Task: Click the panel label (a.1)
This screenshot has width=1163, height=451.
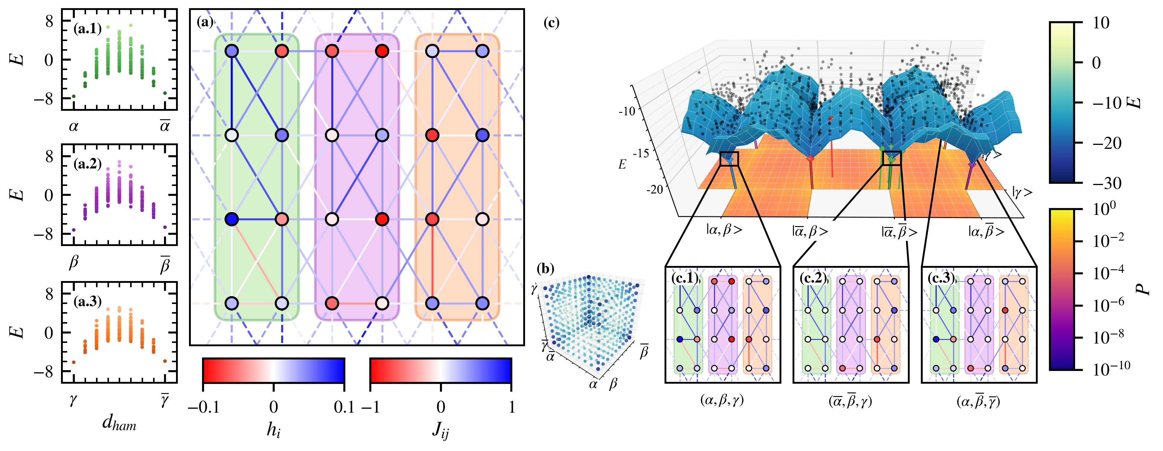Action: click(88, 29)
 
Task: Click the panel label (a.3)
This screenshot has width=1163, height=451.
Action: click(88, 301)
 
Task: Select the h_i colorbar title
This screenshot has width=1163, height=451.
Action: click(274, 430)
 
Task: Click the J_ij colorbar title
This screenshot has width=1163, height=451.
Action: click(441, 430)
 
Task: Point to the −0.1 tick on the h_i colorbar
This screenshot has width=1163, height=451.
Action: click(203, 407)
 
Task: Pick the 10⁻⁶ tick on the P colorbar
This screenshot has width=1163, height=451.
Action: click(1108, 305)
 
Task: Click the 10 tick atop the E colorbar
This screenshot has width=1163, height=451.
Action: click(1101, 23)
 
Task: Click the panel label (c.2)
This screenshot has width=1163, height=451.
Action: click(813, 278)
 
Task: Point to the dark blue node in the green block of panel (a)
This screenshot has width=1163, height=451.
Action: click(232, 219)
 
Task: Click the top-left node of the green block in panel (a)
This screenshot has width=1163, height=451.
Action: click(232, 51)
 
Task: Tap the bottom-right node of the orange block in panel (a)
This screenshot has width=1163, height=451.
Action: click(483, 303)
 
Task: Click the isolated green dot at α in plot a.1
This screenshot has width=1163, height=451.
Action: click(74, 96)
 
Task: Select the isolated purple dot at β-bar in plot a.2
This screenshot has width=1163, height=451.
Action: click(165, 227)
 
